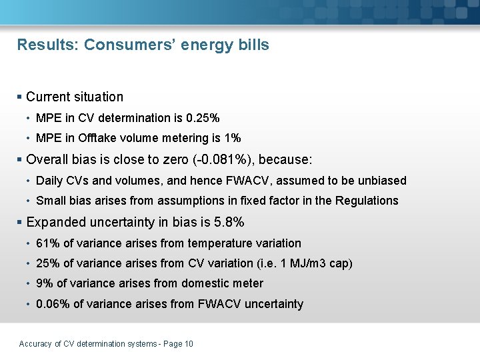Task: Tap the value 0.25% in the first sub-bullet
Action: pos(203,118)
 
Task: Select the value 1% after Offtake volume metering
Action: pos(232,139)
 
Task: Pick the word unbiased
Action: pos(381,181)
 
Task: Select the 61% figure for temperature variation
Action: pos(47,243)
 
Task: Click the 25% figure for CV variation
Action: pos(47,263)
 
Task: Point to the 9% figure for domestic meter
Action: pos(43,283)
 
